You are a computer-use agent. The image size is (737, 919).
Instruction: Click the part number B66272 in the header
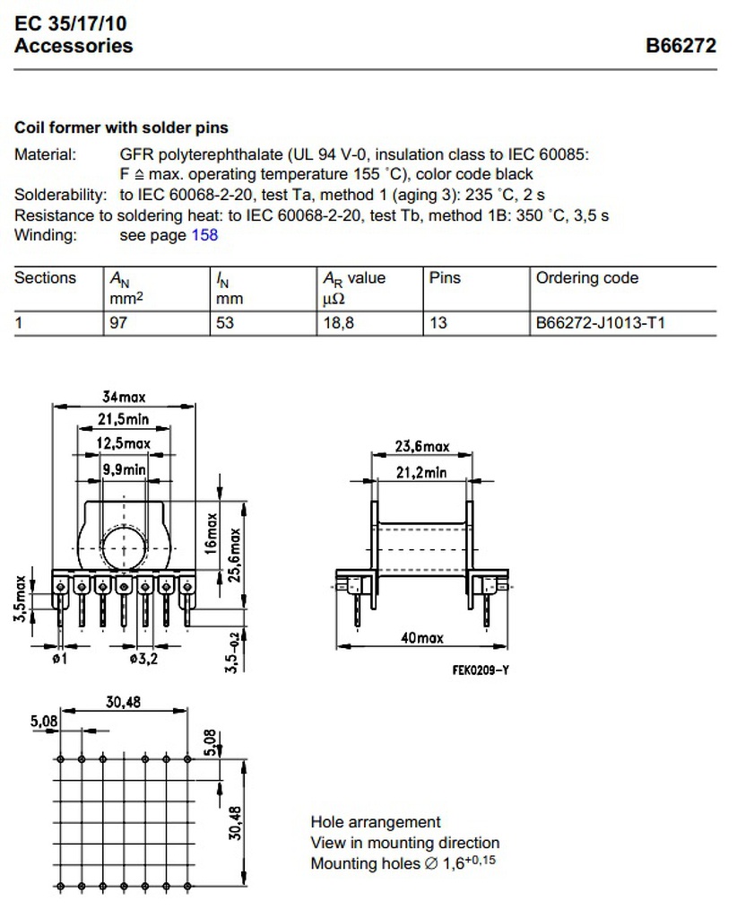(x=681, y=46)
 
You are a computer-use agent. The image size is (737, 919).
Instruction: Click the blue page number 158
(x=204, y=235)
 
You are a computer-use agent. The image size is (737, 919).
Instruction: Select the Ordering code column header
(x=587, y=278)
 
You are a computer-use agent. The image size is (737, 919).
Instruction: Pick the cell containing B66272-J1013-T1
(x=600, y=322)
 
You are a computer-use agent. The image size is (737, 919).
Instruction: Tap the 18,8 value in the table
(x=339, y=322)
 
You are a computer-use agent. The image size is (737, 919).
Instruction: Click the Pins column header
(x=445, y=278)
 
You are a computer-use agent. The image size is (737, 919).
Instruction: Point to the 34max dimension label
(x=123, y=396)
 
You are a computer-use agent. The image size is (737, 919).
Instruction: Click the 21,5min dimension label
(x=123, y=419)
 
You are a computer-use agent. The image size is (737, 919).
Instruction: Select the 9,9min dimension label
(x=124, y=468)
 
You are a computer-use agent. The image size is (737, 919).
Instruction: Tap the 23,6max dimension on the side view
(x=422, y=446)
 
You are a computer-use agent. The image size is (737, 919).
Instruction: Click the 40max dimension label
(x=422, y=638)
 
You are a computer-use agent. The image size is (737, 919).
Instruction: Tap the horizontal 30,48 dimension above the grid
(x=125, y=702)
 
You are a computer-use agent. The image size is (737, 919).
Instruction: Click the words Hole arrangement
(x=376, y=822)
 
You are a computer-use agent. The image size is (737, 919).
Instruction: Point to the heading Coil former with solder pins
(x=121, y=128)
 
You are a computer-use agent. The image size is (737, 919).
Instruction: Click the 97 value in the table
(x=117, y=322)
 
